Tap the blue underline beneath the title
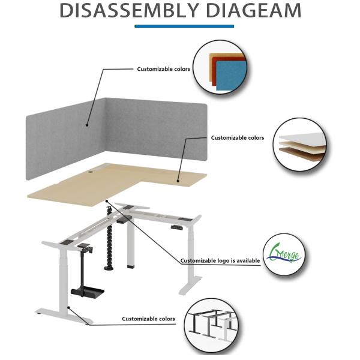tap(184, 26)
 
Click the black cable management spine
tap(110, 240)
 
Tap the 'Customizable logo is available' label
tap(220, 261)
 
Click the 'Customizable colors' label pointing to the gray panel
tap(163, 69)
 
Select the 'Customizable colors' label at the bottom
tap(149, 319)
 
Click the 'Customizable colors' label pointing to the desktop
tap(237, 138)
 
